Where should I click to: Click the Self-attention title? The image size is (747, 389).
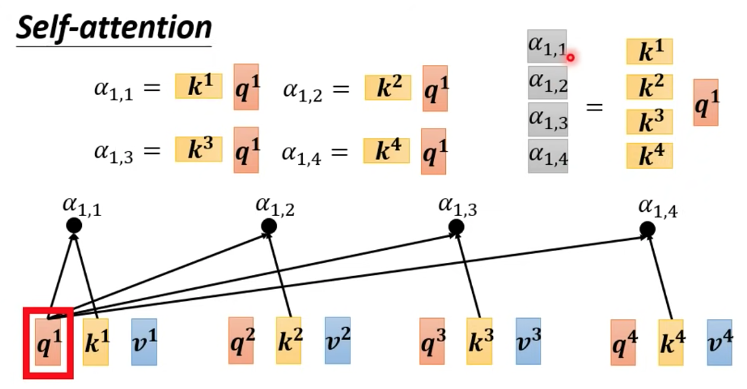114,29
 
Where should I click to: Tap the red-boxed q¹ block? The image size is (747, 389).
48,341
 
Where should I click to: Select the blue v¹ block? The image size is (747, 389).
144,341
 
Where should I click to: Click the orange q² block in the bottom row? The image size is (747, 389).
240,340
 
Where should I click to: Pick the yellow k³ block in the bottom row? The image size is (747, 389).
479,341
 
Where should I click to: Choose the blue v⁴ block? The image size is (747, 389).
719,342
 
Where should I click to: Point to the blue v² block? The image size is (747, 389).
337,340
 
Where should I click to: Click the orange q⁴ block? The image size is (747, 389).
623,342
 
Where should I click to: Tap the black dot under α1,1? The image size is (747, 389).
74,225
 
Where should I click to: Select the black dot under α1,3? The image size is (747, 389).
456,227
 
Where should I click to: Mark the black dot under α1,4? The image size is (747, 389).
648,230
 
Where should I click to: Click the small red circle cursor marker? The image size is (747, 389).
571,58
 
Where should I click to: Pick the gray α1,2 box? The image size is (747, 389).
547,83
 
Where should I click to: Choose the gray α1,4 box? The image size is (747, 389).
548,156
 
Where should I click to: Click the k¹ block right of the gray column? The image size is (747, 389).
650,51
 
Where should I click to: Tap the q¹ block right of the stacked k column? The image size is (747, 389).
706,102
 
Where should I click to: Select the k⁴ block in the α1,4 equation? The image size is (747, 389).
387,150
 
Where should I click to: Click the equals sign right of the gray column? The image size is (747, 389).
594,108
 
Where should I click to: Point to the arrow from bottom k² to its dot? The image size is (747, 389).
280,276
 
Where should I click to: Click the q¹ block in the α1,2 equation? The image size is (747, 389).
435,89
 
